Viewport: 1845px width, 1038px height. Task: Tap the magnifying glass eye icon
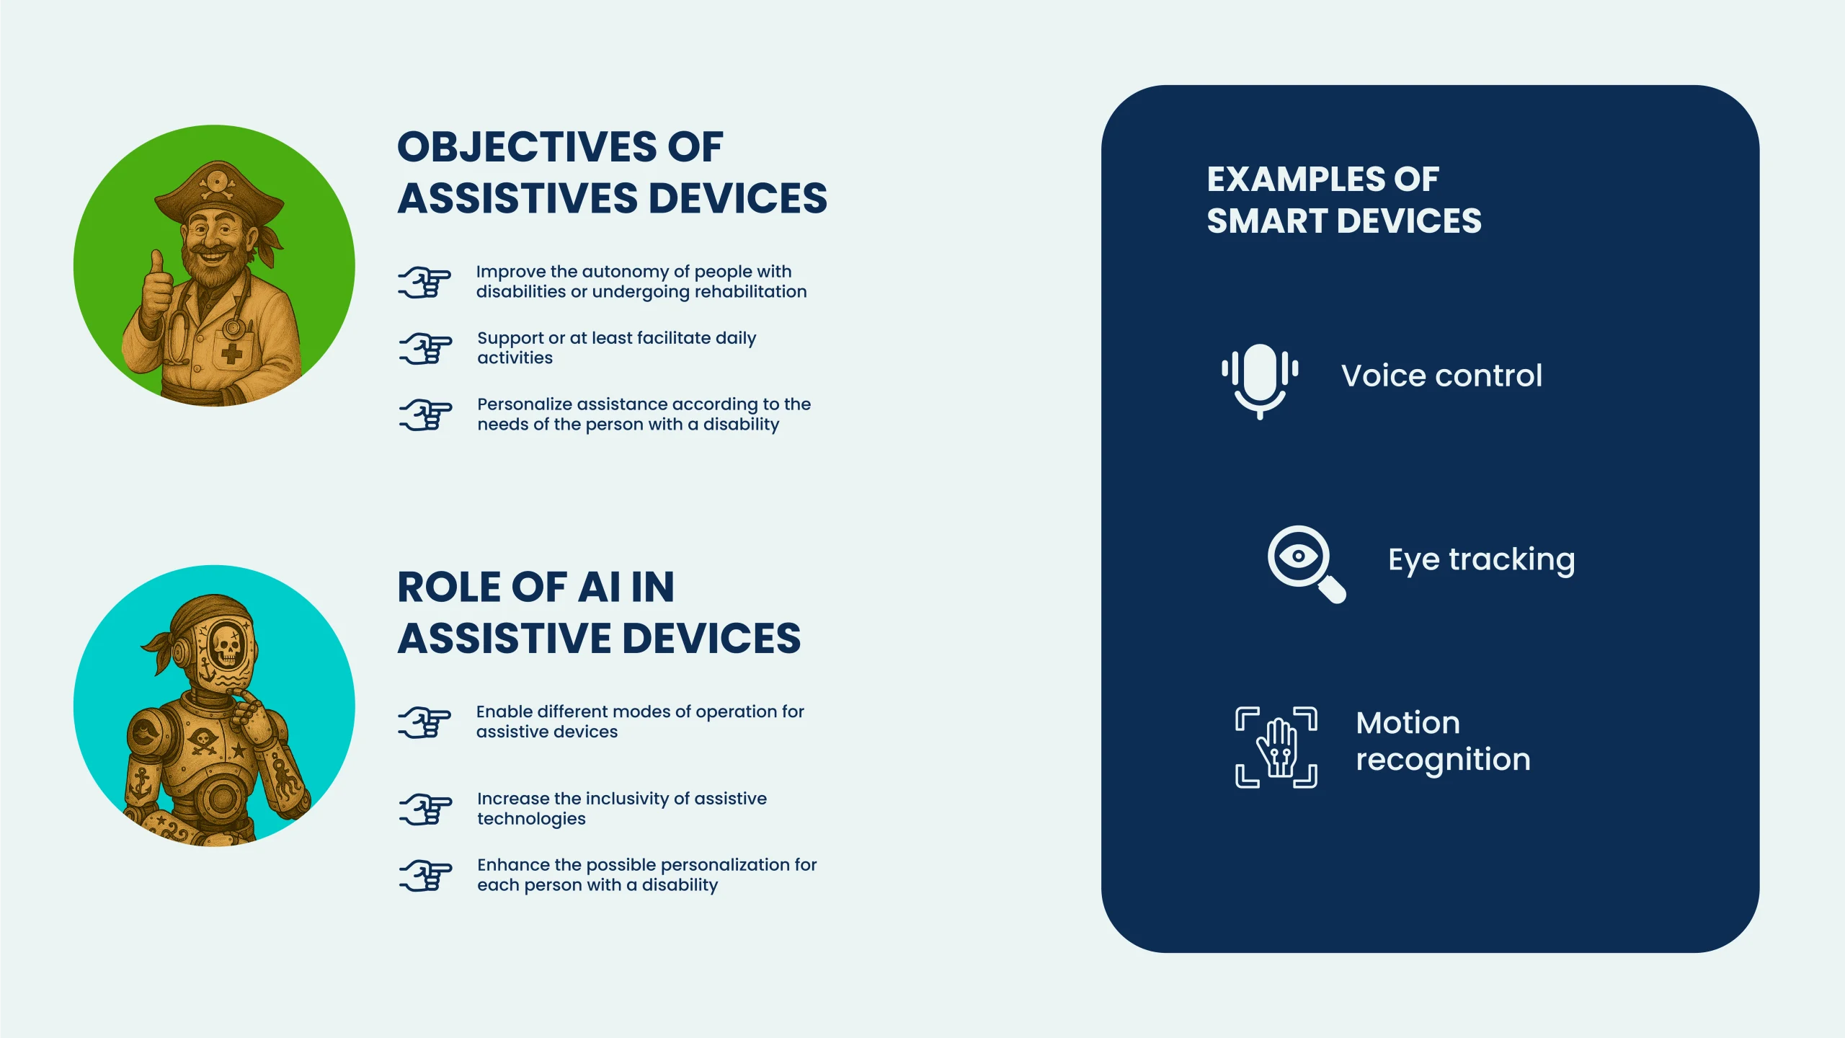1305,563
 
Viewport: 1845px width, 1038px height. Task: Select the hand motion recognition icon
1276,747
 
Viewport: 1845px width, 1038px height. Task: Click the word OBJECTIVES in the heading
527,147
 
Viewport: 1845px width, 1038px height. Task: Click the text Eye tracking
1481,560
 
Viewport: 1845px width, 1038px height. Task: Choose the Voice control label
1441,376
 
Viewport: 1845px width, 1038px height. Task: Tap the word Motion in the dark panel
1408,723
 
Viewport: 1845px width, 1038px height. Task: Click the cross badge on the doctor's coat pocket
231,353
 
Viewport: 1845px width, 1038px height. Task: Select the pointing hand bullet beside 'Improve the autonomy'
424,282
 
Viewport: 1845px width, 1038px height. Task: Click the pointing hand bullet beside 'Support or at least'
425,348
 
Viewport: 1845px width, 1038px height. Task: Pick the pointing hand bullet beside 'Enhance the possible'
425,876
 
